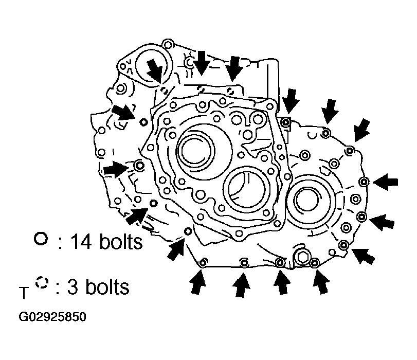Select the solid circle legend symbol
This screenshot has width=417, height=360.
tap(41, 239)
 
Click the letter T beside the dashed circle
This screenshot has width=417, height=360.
tap(23, 294)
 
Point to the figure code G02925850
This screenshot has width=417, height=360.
tap(52, 317)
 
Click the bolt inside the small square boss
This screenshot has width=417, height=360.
tap(285, 121)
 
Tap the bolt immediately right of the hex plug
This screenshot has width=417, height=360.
tap(315, 263)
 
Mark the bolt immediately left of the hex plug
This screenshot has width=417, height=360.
tap(280, 263)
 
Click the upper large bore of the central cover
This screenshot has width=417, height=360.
tap(195, 150)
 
